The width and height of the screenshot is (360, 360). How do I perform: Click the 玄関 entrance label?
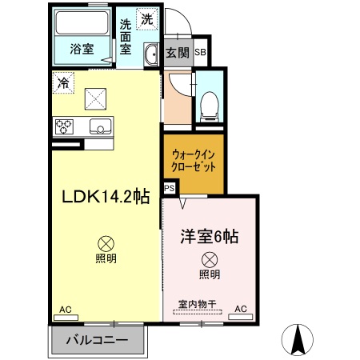pyautogui.click(x=178, y=53)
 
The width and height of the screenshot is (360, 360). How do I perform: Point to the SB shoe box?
pyautogui.click(x=200, y=53)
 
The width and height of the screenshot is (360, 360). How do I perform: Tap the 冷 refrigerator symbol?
pyautogui.click(x=62, y=81)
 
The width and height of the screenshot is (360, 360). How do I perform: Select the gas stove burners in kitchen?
pyautogui.click(x=65, y=126)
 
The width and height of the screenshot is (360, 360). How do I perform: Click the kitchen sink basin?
pyautogui.click(x=101, y=126)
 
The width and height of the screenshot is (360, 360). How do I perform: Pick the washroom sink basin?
pyautogui.click(x=151, y=54)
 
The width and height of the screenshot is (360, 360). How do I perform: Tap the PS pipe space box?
pyautogui.click(x=170, y=188)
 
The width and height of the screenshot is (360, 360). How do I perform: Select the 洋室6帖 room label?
pyautogui.click(x=209, y=238)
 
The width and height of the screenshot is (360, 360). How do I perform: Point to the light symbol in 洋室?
pyautogui.click(x=209, y=259)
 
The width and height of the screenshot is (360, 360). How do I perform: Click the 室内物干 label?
pyautogui.click(x=197, y=305)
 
